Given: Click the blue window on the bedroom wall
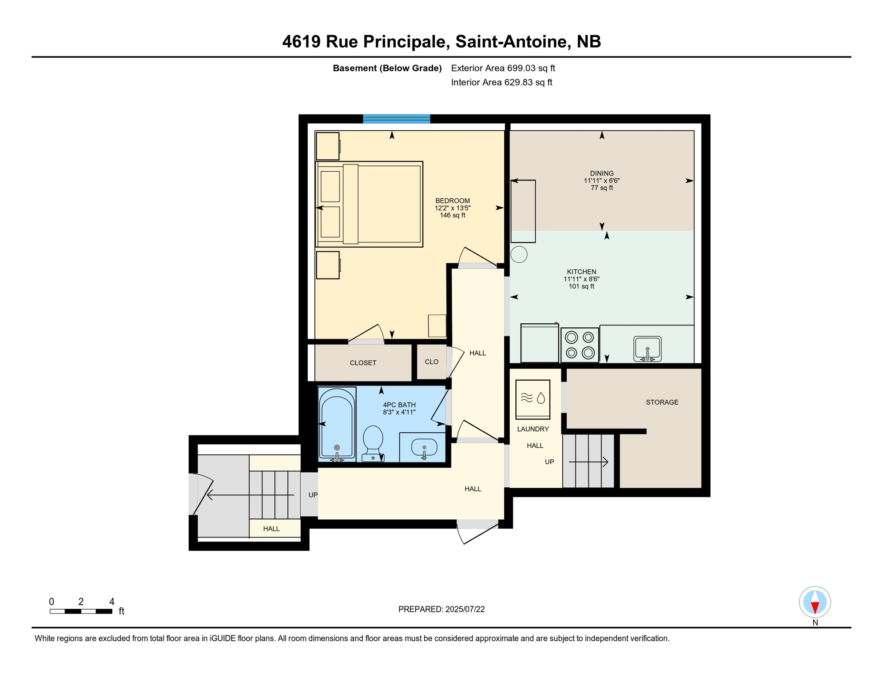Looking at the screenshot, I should click(396, 119).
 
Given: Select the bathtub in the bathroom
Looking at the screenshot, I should click(337, 424).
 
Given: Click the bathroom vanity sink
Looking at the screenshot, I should click(424, 448).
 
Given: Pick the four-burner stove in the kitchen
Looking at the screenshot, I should click(580, 345).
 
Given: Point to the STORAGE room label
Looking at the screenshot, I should click(662, 402).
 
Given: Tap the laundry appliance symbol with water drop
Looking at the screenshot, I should click(533, 398).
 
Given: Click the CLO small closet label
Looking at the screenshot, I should click(431, 362).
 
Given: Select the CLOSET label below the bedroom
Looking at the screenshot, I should click(363, 363).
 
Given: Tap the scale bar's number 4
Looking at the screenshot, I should click(112, 602).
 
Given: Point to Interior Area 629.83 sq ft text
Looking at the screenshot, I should click(501, 82).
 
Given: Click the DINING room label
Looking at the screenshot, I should click(601, 173).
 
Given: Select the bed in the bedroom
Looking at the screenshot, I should click(369, 204).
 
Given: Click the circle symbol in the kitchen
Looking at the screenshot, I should click(519, 254).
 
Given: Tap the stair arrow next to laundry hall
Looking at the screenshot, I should click(589, 462).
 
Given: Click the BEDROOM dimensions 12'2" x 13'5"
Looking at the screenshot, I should click(452, 208).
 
